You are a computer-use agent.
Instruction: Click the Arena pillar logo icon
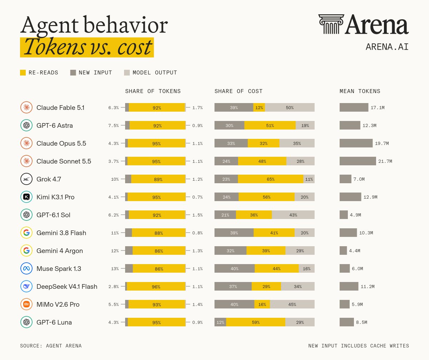331,24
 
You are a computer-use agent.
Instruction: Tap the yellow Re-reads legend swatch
23,73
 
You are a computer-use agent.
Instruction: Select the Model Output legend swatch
127,73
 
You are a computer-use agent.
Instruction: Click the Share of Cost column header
238,91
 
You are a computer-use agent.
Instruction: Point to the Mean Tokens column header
360,91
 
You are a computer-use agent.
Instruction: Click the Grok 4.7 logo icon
26,179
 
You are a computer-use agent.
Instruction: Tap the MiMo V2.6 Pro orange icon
26,304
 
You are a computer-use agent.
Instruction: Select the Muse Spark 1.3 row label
59,269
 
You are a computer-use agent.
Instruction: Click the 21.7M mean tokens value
385,161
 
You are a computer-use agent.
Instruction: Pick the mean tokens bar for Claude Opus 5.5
356,143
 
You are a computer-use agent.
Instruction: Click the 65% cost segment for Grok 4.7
271,179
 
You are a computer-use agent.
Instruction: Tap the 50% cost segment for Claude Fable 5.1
290,107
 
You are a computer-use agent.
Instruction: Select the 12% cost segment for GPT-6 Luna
220,322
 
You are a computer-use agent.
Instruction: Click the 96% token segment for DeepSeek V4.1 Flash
156,286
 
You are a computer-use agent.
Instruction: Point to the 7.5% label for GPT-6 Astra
113,126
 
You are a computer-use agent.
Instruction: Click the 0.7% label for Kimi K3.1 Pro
197,197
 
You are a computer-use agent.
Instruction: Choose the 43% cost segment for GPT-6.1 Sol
293,215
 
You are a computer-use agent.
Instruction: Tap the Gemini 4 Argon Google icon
26,250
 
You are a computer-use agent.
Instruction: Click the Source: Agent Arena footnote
51,346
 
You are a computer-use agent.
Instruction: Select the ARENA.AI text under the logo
387,47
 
